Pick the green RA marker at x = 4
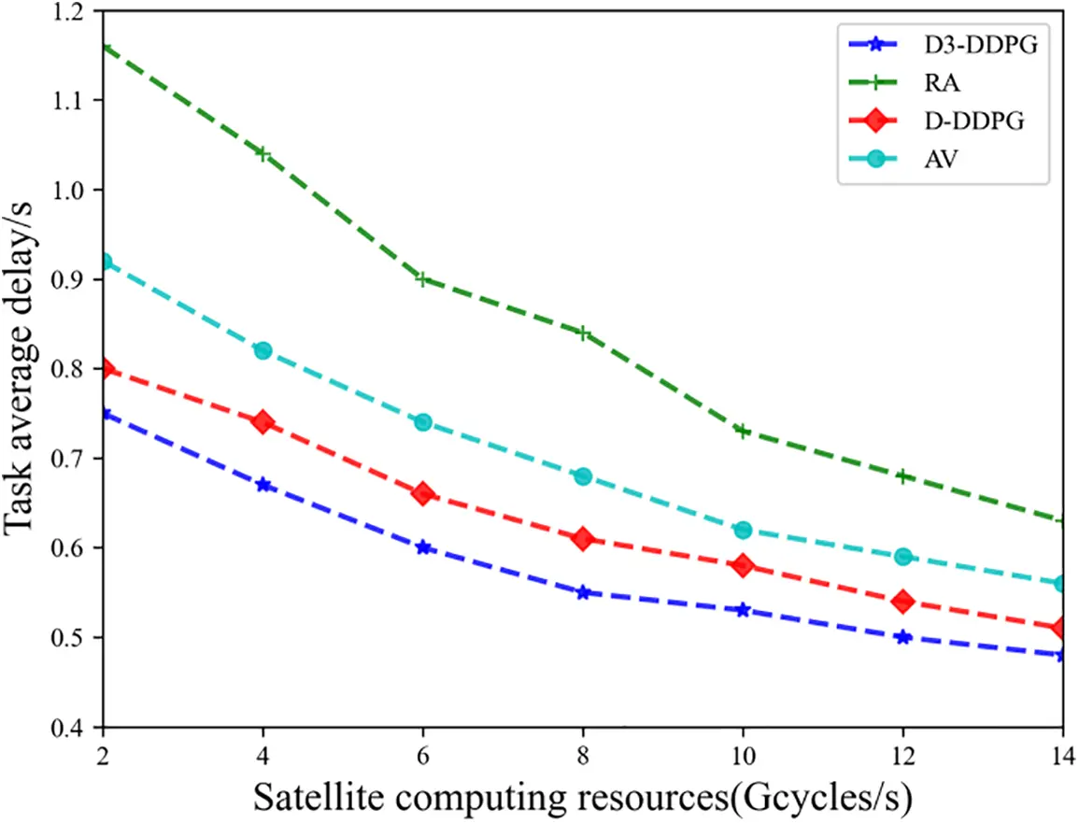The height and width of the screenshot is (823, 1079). pos(263,153)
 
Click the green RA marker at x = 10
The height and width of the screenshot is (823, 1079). pos(743,431)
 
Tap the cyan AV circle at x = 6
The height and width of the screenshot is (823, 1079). pos(422,422)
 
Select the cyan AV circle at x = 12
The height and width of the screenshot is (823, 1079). pos(902,556)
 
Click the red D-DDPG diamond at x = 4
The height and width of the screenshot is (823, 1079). pos(263,422)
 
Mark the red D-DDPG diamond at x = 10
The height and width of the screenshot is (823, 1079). pos(743,565)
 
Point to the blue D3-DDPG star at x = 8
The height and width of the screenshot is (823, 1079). pos(583,592)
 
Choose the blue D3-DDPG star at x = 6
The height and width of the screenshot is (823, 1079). pos(422,547)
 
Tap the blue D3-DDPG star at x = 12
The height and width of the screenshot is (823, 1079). pos(902,637)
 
